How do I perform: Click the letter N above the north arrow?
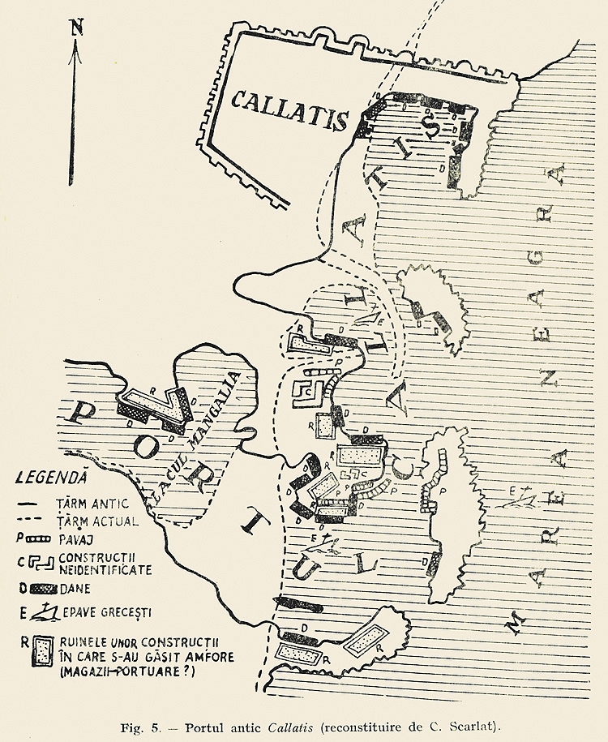pyautogui.click(x=77, y=26)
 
